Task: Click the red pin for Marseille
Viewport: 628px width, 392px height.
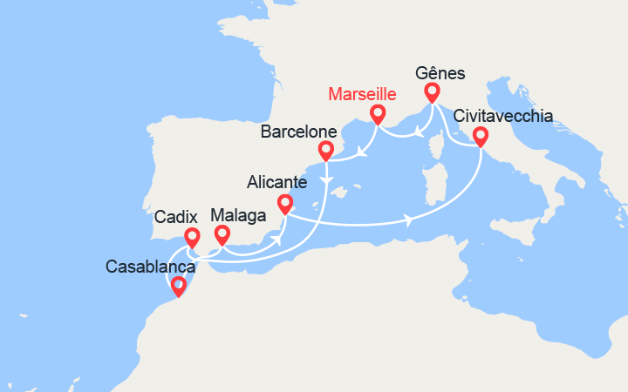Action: (378, 113)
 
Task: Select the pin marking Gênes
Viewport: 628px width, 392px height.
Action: (431, 91)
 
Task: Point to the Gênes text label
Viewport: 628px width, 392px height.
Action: (440, 73)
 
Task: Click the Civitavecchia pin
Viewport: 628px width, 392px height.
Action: (480, 136)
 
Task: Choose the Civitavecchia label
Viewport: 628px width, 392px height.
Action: (502, 116)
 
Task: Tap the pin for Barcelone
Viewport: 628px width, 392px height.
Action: (325, 151)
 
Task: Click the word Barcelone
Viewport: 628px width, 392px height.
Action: (298, 132)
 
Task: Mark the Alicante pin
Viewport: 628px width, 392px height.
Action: (284, 204)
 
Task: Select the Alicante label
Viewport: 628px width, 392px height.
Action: (276, 183)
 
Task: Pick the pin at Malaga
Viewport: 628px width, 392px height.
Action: (222, 233)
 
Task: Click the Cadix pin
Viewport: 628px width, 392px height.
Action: (192, 236)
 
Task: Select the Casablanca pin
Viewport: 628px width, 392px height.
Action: (178, 286)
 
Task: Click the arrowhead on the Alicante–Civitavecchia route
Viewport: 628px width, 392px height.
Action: (409, 220)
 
